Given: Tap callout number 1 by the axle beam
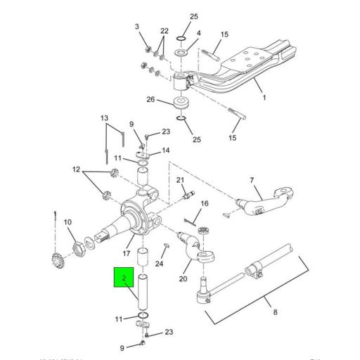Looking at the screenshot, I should [264, 98].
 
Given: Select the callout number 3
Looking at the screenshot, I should [138, 27].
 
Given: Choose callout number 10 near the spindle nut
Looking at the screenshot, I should [68, 223].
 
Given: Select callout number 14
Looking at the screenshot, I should [167, 150].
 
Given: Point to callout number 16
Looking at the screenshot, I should [205, 204].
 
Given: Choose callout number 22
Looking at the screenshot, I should [165, 32].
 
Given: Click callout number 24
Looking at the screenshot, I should [160, 264].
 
